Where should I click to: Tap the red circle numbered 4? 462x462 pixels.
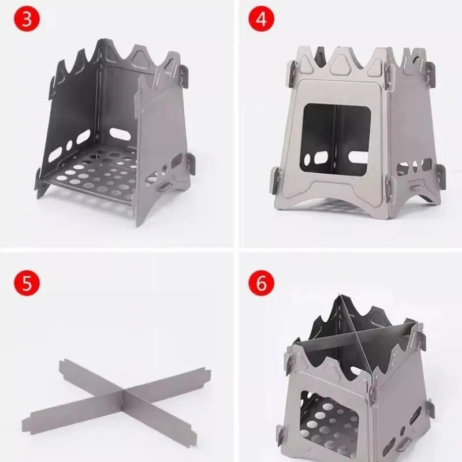click(x=260, y=19)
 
